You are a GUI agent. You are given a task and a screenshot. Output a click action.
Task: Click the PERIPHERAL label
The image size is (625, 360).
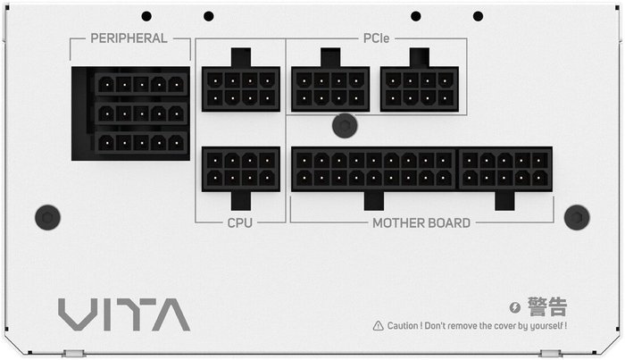(129, 38)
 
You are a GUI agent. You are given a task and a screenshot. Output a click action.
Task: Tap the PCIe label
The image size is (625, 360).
(376, 38)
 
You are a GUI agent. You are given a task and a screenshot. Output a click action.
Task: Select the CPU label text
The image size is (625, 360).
(239, 222)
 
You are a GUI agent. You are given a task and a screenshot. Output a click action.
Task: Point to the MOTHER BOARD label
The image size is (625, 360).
(421, 222)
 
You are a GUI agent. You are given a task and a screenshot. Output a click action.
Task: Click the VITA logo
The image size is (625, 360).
(124, 314)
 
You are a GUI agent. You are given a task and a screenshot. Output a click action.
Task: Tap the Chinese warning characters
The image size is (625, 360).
(547, 306)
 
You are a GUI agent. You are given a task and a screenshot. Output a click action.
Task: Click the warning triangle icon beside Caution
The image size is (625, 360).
(378, 326)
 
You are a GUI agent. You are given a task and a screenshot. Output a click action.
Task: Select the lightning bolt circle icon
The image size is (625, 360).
(515, 307)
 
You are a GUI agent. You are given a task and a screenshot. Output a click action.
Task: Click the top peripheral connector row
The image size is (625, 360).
(141, 85)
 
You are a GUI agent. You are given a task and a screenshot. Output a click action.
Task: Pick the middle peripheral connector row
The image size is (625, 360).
(141, 114)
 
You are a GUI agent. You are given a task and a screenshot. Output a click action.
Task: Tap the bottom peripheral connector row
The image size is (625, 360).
(141, 143)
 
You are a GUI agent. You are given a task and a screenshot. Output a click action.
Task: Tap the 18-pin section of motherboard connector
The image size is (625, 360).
(373, 170)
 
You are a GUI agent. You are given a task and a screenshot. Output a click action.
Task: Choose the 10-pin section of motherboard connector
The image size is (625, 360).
(505, 170)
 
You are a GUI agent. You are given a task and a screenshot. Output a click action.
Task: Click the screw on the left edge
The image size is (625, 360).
(48, 217)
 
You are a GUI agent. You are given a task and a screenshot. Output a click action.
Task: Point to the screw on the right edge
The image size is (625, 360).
(577, 217)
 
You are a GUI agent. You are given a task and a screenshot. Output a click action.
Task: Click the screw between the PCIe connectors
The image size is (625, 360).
(345, 126)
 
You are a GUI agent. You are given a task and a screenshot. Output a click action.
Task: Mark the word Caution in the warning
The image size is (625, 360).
(403, 326)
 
